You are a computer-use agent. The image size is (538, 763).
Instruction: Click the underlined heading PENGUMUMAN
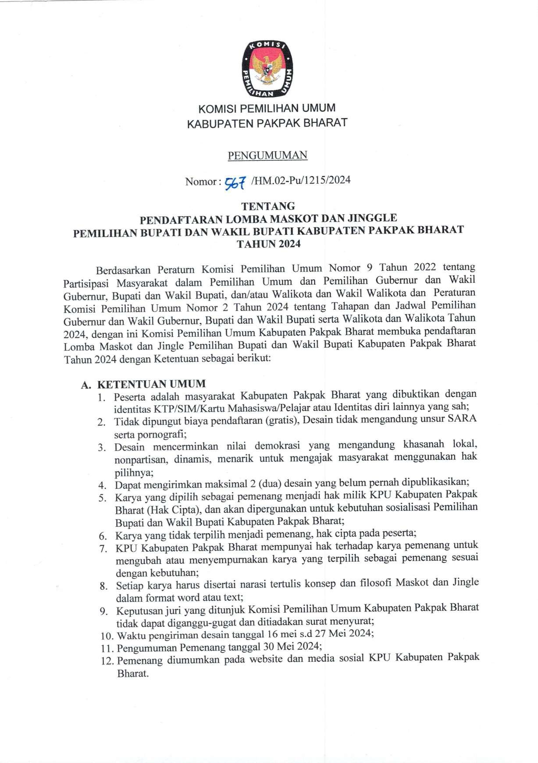click(x=267, y=155)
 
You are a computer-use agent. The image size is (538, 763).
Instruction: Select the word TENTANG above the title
click(x=268, y=206)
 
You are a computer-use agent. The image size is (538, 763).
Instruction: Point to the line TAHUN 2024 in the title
click(x=268, y=244)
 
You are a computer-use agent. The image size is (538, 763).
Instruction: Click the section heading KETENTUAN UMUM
click(x=151, y=384)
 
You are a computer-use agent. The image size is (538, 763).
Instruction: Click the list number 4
click(x=102, y=485)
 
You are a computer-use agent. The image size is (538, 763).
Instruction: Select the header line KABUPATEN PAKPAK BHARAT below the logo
click(x=267, y=123)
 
